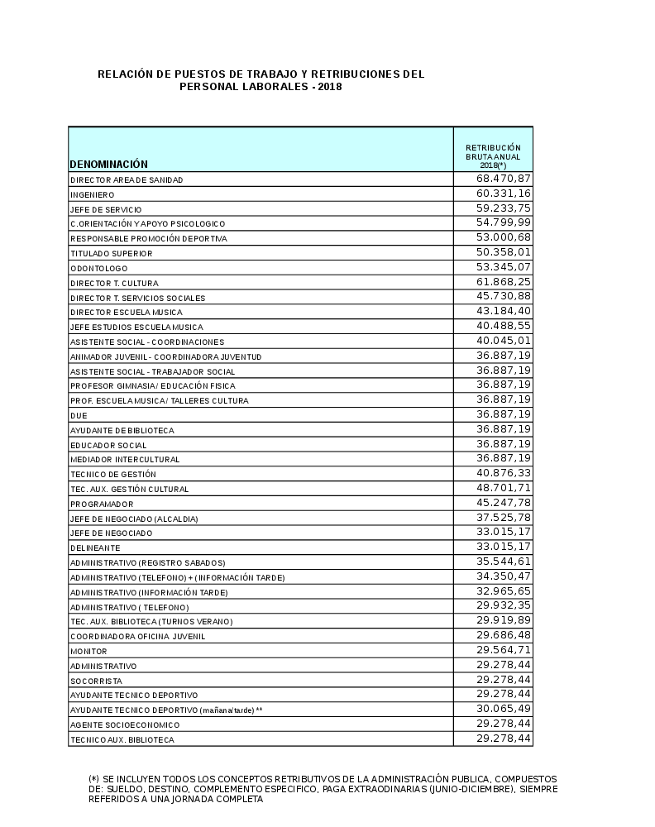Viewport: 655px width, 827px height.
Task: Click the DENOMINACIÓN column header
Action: point(109,164)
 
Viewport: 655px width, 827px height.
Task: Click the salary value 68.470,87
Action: point(504,179)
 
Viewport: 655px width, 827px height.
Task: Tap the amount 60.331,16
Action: point(504,194)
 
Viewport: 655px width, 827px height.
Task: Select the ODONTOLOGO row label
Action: point(93,268)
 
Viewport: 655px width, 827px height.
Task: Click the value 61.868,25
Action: point(504,282)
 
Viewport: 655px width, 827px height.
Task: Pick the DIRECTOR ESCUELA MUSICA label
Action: point(126,313)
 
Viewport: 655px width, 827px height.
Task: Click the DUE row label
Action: point(79,416)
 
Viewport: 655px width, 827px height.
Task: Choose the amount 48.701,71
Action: point(504,488)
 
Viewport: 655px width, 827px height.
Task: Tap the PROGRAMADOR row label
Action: point(102,504)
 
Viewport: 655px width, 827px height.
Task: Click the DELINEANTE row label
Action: point(95,548)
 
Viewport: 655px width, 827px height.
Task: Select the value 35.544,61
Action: point(504,562)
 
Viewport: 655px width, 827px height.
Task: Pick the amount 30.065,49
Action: point(504,709)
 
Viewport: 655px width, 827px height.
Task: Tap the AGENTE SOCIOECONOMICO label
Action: point(124,725)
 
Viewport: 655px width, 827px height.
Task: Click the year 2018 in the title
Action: point(329,87)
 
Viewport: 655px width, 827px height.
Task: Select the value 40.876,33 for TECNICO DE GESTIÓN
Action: point(504,473)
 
